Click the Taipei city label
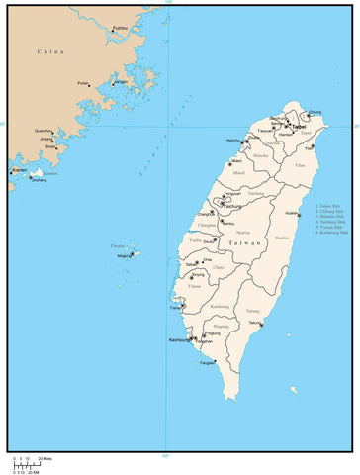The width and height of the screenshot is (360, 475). pos(298,126)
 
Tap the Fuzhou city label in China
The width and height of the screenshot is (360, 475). pos(120,28)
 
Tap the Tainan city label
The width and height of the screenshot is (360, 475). pos(175,306)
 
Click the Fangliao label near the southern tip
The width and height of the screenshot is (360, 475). pos(207,364)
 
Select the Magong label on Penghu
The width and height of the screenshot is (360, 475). pos(124,256)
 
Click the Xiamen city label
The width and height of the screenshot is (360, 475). pos(19,170)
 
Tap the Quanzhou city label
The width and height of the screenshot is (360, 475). pos(43,131)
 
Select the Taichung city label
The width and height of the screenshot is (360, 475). pos(233,204)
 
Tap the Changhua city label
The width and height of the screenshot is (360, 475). pos(204,213)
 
